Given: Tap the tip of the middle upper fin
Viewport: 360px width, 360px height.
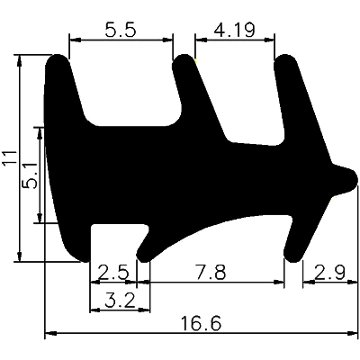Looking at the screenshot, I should [x=184, y=63].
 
